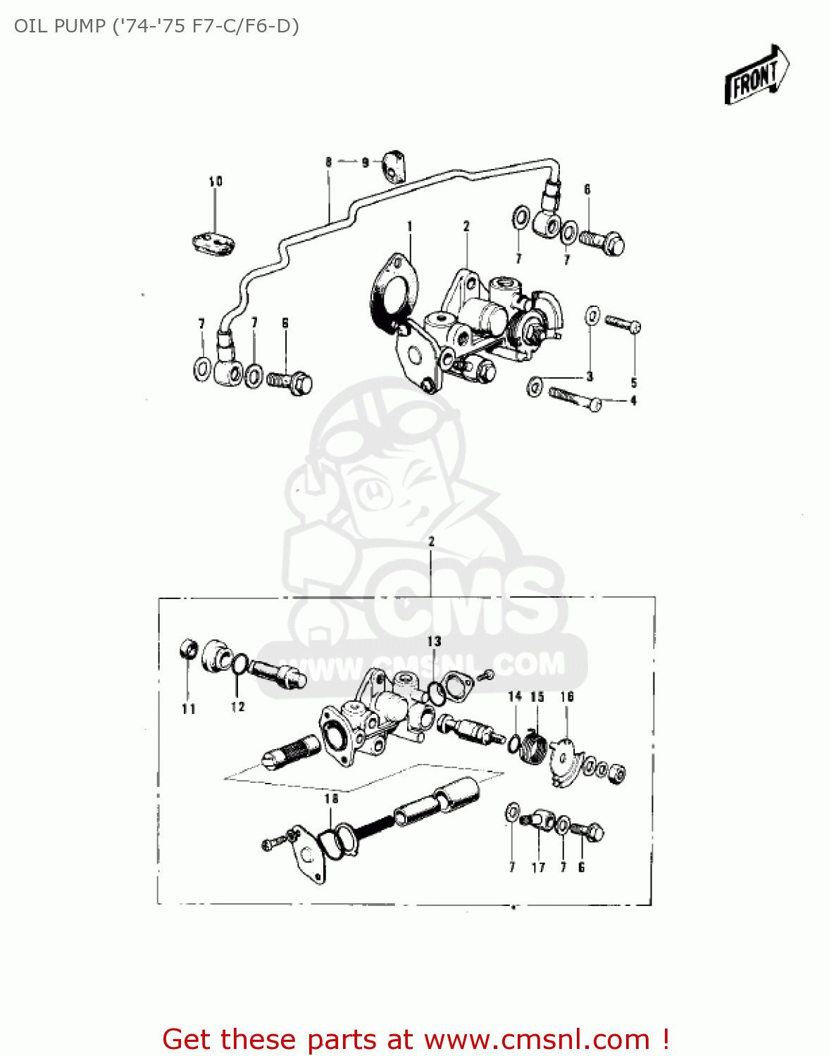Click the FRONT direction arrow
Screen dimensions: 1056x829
pyautogui.click(x=756, y=75)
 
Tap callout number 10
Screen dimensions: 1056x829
pyautogui.click(x=216, y=182)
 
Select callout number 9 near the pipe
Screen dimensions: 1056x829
pyautogui.click(x=366, y=163)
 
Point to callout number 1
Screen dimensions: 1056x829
pyautogui.click(x=409, y=227)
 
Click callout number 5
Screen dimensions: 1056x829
pyautogui.click(x=634, y=383)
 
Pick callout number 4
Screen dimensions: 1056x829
pyautogui.click(x=633, y=401)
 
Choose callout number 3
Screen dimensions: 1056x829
pyautogui.click(x=590, y=377)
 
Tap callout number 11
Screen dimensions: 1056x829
pyautogui.click(x=188, y=709)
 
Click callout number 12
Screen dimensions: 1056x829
pyautogui.click(x=237, y=707)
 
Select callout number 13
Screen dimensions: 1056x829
pyautogui.click(x=434, y=641)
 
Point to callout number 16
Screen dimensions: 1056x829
pyautogui.click(x=567, y=697)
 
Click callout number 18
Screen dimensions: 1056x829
pyautogui.click(x=331, y=799)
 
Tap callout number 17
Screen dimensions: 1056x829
pyautogui.click(x=538, y=867)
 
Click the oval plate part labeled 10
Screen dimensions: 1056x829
pyautogui.click(x=213, y=243)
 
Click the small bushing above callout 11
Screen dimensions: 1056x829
pyautogui.click(x=188, y=648)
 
